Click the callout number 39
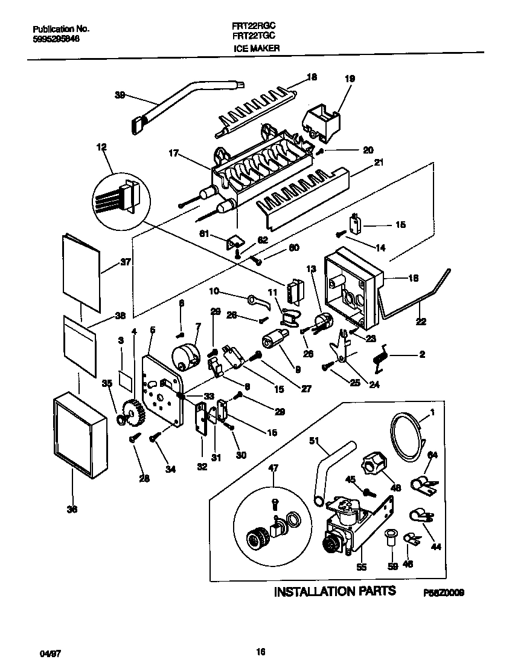120,95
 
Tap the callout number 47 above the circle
274,468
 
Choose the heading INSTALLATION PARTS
335,591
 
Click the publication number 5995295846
55,38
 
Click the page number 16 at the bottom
260,651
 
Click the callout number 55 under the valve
362,567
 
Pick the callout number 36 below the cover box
72,510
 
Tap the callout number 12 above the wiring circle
101,147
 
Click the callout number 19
350,79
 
